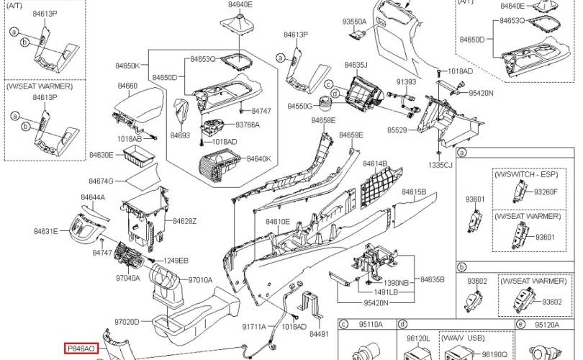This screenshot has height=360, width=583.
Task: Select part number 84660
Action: tap(127, 86)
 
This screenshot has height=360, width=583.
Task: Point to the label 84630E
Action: tap(101, 155)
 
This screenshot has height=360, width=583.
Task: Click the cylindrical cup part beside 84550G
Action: tap(326, 103)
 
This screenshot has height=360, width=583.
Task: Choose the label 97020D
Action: tap(127, 322)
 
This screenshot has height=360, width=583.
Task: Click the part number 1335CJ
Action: tap(440, 165)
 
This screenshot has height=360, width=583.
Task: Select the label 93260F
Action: tap(546, 192)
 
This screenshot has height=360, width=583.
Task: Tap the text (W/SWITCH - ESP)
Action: tap(526, 174)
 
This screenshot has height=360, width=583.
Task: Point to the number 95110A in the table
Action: tap(371, 325)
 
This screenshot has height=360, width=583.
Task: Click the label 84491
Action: tap(319, 334)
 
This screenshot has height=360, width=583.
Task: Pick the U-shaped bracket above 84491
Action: tap(312, 303)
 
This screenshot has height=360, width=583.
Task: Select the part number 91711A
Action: tap(254, 327)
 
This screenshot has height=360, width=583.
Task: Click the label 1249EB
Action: tap(176, 261)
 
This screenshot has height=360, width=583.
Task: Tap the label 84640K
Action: tap(259, 159)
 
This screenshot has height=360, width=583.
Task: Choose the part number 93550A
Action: tap(354, 22)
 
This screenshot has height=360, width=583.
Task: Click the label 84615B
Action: tap(414, 192)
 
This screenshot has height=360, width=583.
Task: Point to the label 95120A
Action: tap(547, 325)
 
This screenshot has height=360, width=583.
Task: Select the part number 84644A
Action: tap(93, 197)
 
